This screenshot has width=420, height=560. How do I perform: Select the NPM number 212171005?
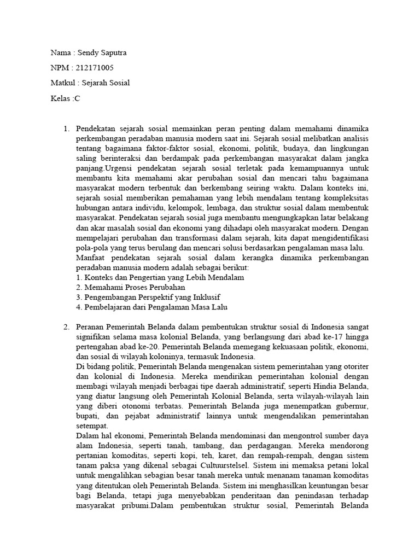[94, 67]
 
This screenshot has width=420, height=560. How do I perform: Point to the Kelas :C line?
[65, 98]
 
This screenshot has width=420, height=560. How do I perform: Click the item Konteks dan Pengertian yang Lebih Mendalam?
[160, 277]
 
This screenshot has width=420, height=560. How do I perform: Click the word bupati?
[88, 416]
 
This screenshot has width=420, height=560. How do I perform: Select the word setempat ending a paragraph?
[92, 426]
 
